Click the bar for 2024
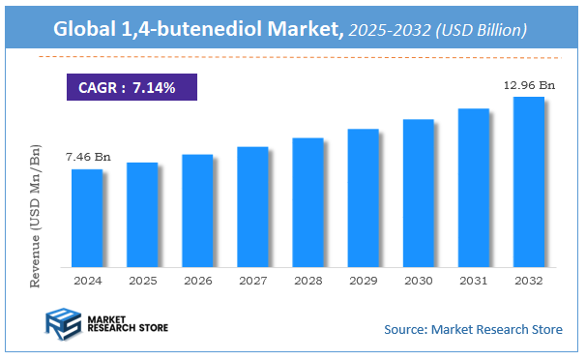[86, 218]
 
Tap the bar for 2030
[418, 193]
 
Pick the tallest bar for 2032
[528, 181]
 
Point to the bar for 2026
[197, 210]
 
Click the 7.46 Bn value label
[86, 156]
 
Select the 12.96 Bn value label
[530, 85]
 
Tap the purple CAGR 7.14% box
[132, 88]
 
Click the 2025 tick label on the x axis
[141, 281]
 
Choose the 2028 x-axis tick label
[308, 281]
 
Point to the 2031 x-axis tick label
[473, 281]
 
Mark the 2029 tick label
[363, 281]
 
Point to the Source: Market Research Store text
[473, 330]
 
